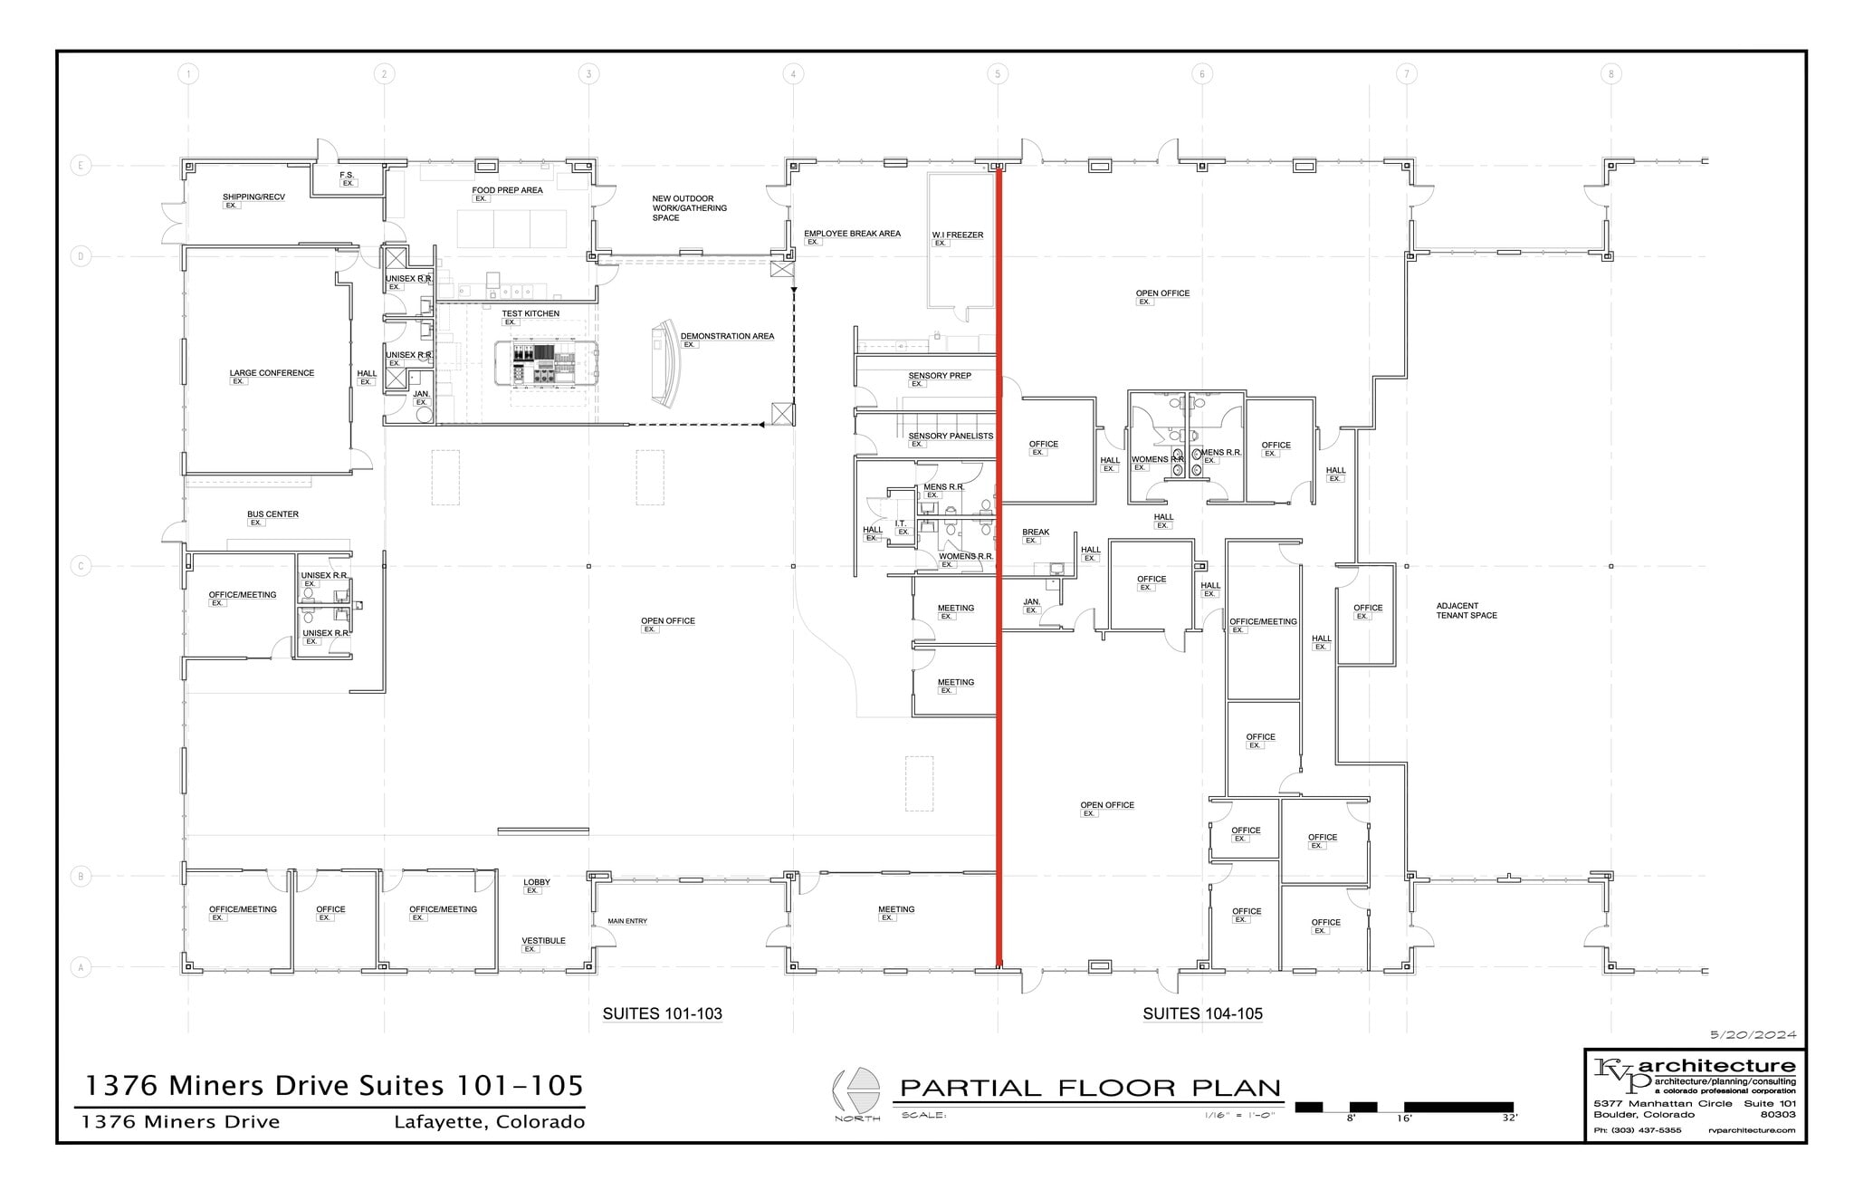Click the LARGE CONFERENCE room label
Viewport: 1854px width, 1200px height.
click(x=272, y=373)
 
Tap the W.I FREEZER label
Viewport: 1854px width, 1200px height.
click(x=957, y=235)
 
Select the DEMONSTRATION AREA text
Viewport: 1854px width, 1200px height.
click(x=727, y=336)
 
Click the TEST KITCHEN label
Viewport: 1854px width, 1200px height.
click(x=530, y=313)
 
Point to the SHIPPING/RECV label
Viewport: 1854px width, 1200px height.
click(x=253, y=197)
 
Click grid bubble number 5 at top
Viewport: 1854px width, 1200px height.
click(x=998, y=74)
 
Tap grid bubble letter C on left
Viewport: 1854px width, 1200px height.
click(x=81, y=566)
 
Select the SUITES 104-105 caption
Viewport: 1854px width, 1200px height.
click(x=1202, y=1013)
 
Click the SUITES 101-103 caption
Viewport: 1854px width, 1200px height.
click(x=662, y=1013)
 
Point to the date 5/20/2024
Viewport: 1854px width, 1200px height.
click(x=1753, y=1034)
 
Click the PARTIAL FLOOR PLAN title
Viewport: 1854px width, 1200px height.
click(x=1090, y=1088)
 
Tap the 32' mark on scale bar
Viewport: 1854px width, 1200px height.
click(x=1509, y=1118)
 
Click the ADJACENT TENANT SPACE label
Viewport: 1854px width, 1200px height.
click(x=1466, y=610)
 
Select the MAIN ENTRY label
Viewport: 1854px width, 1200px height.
click(x=627, y=921)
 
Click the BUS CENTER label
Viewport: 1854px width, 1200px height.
click(x=272, y=514)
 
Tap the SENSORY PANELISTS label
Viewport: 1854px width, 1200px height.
click(x=951, y=436)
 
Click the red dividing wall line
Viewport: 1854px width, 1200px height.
click(x=999, y=634)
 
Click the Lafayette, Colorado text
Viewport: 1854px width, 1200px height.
click(x=489, y=1122)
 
